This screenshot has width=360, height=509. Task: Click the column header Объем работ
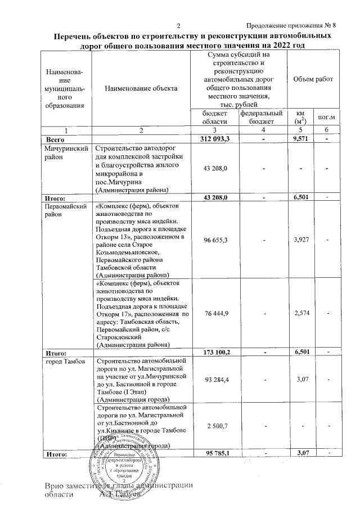(309, 79)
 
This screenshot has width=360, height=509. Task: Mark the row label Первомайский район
(66, 210)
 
